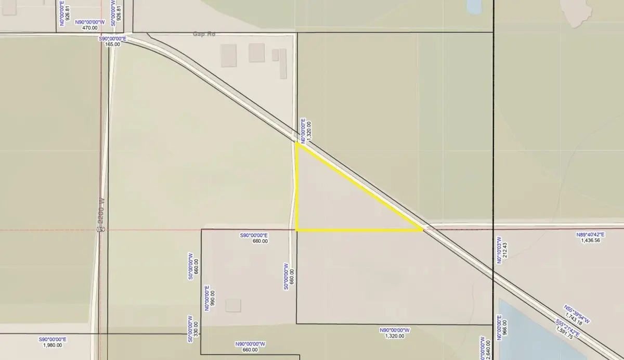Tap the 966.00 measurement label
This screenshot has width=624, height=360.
coord(504,328)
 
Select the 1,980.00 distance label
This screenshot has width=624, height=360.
coord(53,345)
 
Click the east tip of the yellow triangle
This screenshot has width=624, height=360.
coord(422,230)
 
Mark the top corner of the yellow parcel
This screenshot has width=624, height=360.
coord(296,144)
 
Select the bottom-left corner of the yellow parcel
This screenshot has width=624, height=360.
coord(296,230)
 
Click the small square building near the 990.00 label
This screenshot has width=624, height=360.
coord(233,305)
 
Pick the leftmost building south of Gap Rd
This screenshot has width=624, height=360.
coord(228,55)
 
